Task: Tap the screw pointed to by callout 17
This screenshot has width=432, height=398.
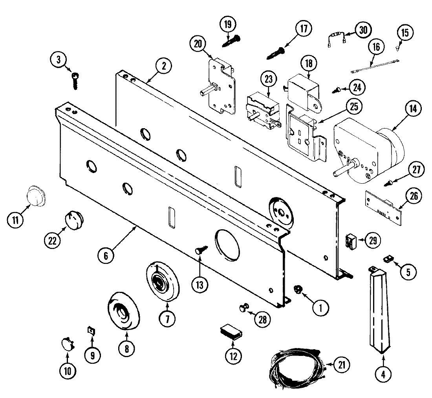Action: [x=276, y=53]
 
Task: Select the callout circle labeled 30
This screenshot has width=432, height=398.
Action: [x=363, y=30]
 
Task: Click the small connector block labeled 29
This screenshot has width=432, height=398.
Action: [x=350, y=241]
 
